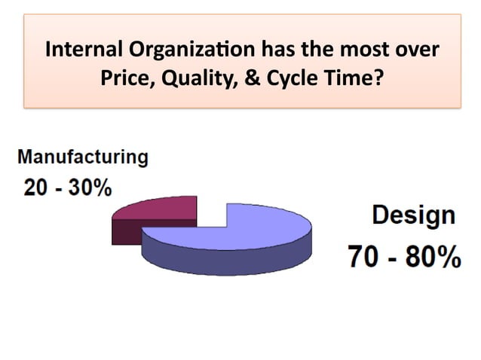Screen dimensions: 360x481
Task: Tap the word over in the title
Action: [418, 52]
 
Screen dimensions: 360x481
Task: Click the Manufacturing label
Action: [82, 159]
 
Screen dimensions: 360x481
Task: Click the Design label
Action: [413, 215]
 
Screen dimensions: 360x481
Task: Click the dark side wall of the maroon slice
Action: [125, 233]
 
